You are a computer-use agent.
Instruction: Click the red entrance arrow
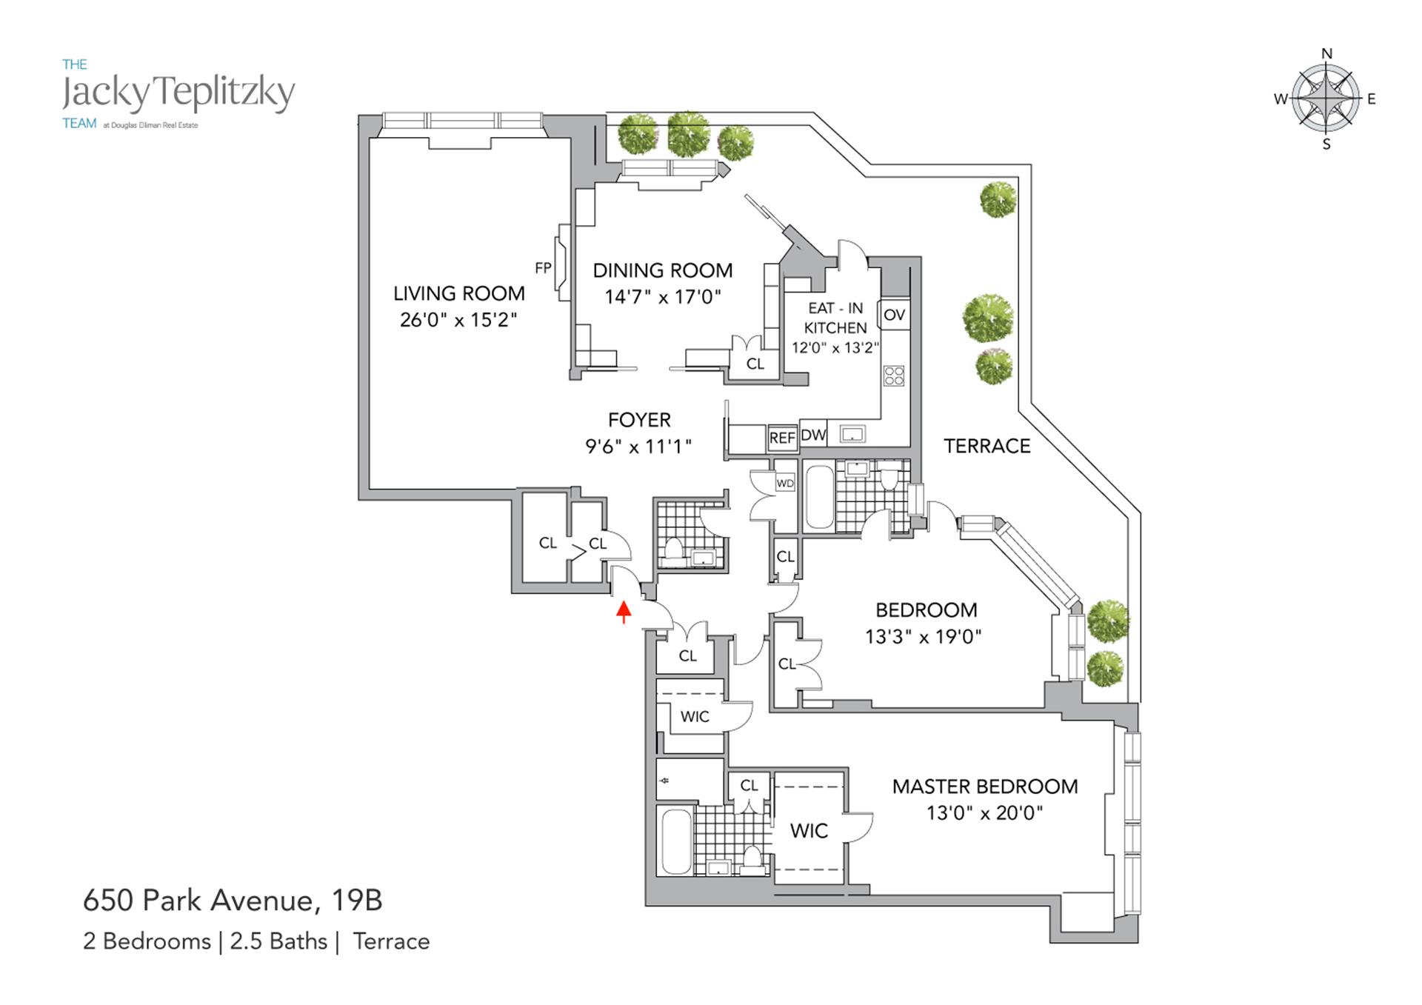pyautogui.click(x=624, y=611)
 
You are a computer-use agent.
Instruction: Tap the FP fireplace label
pyautogui.click(x=543, y=267)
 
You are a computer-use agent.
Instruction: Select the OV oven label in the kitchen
pyautogui.click(x=894, y=315)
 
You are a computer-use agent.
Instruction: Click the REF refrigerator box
pyautogui.click(x=782, y=438)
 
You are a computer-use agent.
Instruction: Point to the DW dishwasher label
pyautogui.click(x=813, y=435)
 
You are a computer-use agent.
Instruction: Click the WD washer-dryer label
pyautogui.click(x=785, y=484)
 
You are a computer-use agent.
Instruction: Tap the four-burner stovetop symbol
pyautogui.click(x=894, y=375)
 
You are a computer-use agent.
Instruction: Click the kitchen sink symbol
pyautogui.click(x=852, y=435)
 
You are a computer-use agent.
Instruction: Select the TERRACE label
pyautogui.click(x=987, y=446)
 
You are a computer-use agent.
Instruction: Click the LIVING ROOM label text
pyautogui.click(x=458, y=293)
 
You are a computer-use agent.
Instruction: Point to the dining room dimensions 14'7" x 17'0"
pyautogui.click(x=662, y=297)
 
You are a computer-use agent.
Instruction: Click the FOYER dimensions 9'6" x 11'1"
pyautogui.click(x=638, y=446)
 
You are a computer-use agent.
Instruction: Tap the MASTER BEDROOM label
pyautogui.click(x=984, y=787)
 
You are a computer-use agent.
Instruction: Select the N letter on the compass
pyautogui.click(x=1326, y=53)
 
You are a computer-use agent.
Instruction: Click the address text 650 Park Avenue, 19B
pyautogui.click(x=233, y=901)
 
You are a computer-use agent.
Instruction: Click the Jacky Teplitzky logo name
pyautogui.click(x=178, y=93)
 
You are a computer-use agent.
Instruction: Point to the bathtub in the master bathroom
pyautogui.click(x=675, y=841)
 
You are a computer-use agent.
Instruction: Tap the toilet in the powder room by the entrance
pyautogui.click(x=674, y=550)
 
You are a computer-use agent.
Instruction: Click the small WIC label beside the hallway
pyautogui.click(x=694, y=716)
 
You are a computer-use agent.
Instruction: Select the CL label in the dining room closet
pyautogui.click(x=755, y=364)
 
